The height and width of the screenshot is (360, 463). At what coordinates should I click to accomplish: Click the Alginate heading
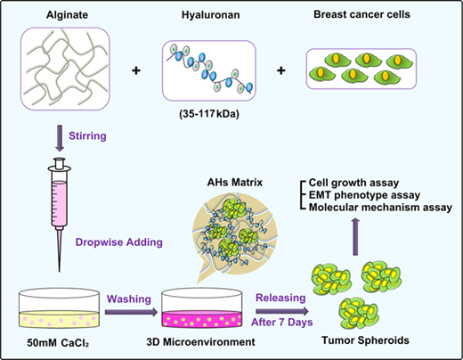coord(67,15)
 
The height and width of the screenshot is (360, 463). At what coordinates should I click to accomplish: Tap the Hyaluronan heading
coord(211,15)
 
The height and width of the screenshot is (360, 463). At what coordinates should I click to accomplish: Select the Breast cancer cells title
coord(361,14)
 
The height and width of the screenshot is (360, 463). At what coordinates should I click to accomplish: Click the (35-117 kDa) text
coord(209,114)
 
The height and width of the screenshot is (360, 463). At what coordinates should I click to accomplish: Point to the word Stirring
coord(87,135)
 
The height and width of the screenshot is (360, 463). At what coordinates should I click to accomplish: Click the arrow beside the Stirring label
coord(60,138)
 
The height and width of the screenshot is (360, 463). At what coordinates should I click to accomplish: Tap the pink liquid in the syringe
coord(60,203)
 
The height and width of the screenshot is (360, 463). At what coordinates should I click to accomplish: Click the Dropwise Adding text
coord(119,242)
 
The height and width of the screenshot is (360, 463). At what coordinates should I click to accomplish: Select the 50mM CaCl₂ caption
coord(58,343)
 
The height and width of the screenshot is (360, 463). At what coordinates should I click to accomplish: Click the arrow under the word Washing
coord(131,312)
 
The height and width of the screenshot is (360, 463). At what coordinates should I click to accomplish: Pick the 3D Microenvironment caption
coord(200,342)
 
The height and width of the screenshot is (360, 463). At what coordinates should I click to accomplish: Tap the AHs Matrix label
coord(235,182)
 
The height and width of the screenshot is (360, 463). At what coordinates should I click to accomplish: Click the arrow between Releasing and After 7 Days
coord(282,311)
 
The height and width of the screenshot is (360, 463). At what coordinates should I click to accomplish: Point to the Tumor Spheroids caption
coord(365,340)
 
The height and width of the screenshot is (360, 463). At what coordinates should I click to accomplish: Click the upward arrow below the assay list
coord(355,236)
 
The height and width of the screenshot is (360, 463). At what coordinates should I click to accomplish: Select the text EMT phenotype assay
coord(364,195)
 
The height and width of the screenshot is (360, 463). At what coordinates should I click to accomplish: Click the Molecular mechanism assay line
coord(380,208)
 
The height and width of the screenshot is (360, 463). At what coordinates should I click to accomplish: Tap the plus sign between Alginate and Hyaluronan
coord(136,70)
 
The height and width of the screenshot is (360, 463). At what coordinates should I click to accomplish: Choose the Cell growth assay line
coord(353,183)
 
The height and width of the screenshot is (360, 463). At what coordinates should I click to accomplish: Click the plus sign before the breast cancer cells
coord(280,70)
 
